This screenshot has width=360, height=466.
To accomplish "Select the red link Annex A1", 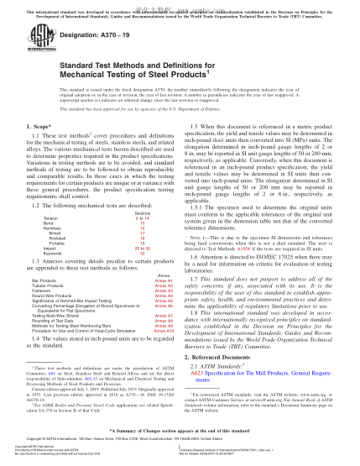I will [163, 303].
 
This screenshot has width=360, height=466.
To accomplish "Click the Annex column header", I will [163, 297].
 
